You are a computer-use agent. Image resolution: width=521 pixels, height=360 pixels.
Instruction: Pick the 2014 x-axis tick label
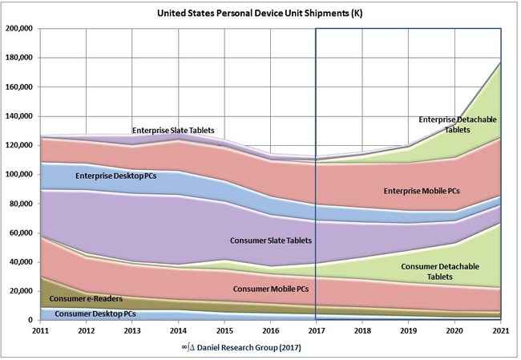point(178,330)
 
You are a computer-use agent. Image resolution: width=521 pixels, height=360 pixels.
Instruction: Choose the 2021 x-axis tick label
point(501,330)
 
